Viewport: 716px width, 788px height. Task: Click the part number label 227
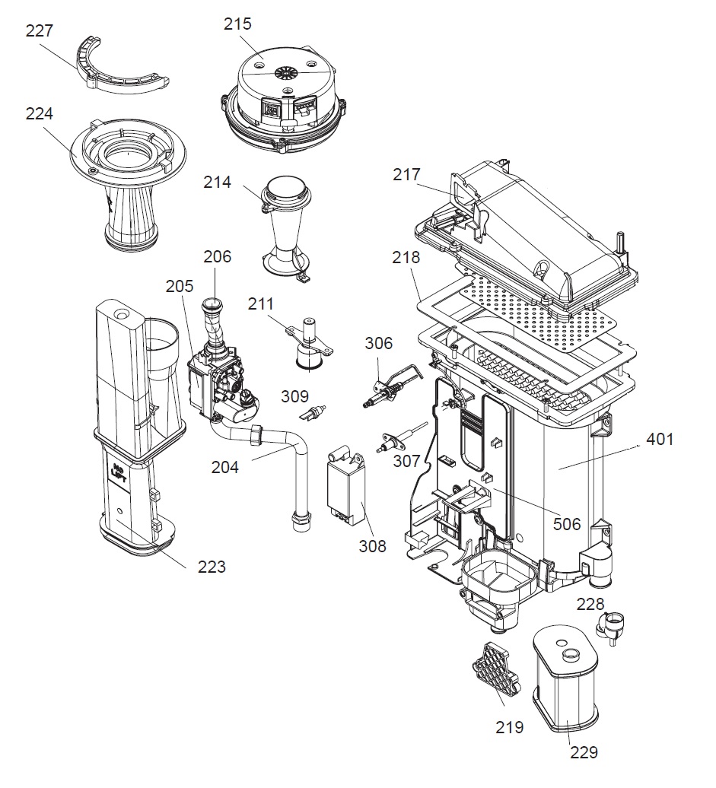tap(40, 31)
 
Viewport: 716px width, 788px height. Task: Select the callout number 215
tap(237, 24)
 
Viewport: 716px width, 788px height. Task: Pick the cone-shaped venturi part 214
tap(285, 228)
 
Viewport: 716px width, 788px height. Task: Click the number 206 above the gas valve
tap(217, 257)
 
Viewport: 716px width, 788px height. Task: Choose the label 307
tap(407, 461)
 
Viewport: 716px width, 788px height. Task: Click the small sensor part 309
tap(310, 414)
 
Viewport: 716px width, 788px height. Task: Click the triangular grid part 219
tap(495, 672)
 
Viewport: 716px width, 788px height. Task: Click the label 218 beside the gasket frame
tap(406, 258)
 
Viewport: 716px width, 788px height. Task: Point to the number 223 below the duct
tap(212, 567)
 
